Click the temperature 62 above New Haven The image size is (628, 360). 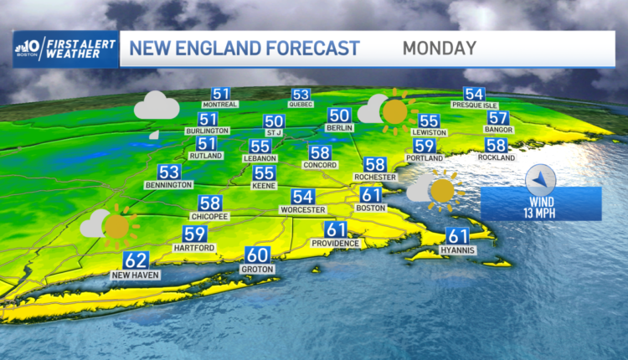(136, 260)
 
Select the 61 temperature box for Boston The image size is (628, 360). (372, 195)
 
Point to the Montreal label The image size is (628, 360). (221, 105)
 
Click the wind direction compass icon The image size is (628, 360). (541, 179)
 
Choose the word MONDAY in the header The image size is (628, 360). (439, 49)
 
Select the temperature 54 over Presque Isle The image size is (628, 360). (474, 95)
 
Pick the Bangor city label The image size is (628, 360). (497, 131)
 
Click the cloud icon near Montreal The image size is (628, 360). (157, 106)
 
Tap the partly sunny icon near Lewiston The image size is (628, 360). (387, 111)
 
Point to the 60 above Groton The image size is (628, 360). (256, 255)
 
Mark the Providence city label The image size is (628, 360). (336, 243)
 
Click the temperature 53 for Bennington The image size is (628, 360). (169, 172)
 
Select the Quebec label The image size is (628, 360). (301, 105)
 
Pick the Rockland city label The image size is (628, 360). (497, 157)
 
